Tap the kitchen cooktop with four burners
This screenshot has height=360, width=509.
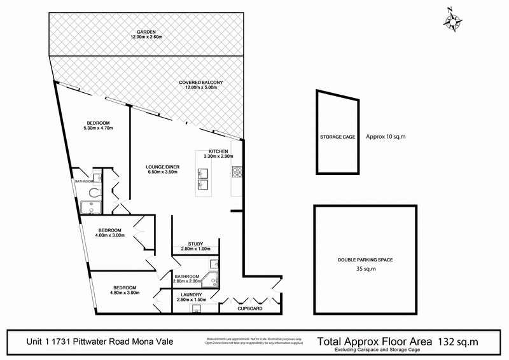click(237, 172)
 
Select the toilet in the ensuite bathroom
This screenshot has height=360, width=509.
click(94, 191)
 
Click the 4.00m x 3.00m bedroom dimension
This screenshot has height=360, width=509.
click(110, 235)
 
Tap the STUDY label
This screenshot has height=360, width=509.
click(195, 244)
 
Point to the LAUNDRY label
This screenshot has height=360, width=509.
click(191, 294)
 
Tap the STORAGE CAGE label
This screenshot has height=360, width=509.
click(337, 137)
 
